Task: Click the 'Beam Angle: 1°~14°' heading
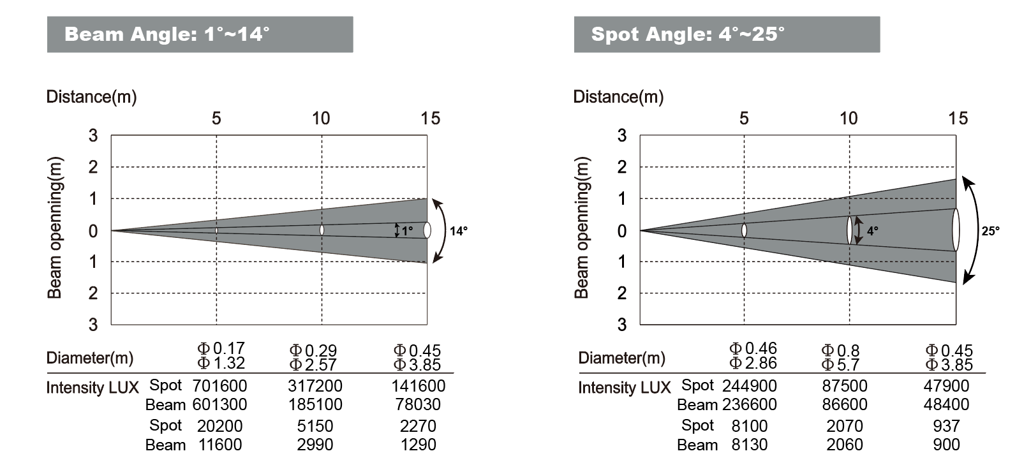167,34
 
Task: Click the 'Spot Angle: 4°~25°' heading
688,34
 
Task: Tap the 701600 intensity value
219,386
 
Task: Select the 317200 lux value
315,386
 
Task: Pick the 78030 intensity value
418,404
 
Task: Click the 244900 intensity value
750,386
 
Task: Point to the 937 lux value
946,426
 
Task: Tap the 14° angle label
458,231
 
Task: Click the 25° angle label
990,231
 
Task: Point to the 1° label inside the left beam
407,232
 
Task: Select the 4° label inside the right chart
872,232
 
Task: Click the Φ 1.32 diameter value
221,364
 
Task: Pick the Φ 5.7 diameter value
840,365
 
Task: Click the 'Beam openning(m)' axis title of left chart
56,228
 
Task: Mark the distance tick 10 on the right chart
848,119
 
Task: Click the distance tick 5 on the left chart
216,119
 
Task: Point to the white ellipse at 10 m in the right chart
849,230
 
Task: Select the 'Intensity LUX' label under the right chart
624,388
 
